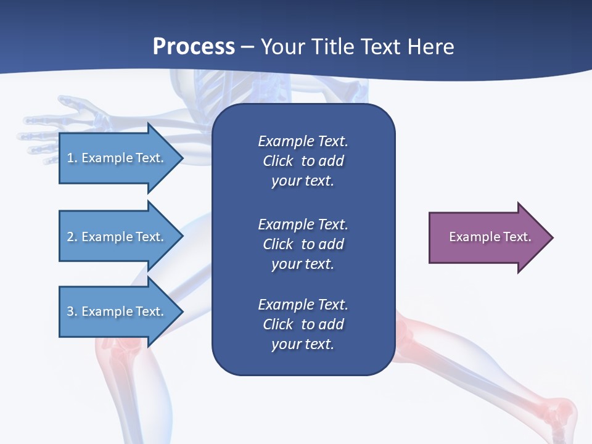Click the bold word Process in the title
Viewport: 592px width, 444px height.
point(194,47)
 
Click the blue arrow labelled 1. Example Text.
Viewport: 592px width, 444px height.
point(117,158)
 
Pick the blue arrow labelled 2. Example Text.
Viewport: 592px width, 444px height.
point(117,237)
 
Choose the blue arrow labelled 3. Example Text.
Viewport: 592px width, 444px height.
point(117,311)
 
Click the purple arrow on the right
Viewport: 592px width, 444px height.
point(487,237)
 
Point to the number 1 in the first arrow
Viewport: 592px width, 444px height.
point(70,158)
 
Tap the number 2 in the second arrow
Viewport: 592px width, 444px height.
point(70,237)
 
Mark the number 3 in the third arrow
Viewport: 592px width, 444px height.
point(70,311)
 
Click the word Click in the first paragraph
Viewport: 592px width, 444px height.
point(277,161)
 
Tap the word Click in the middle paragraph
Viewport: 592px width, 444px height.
point(277,244)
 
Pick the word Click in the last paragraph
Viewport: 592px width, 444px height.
point(277,324)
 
